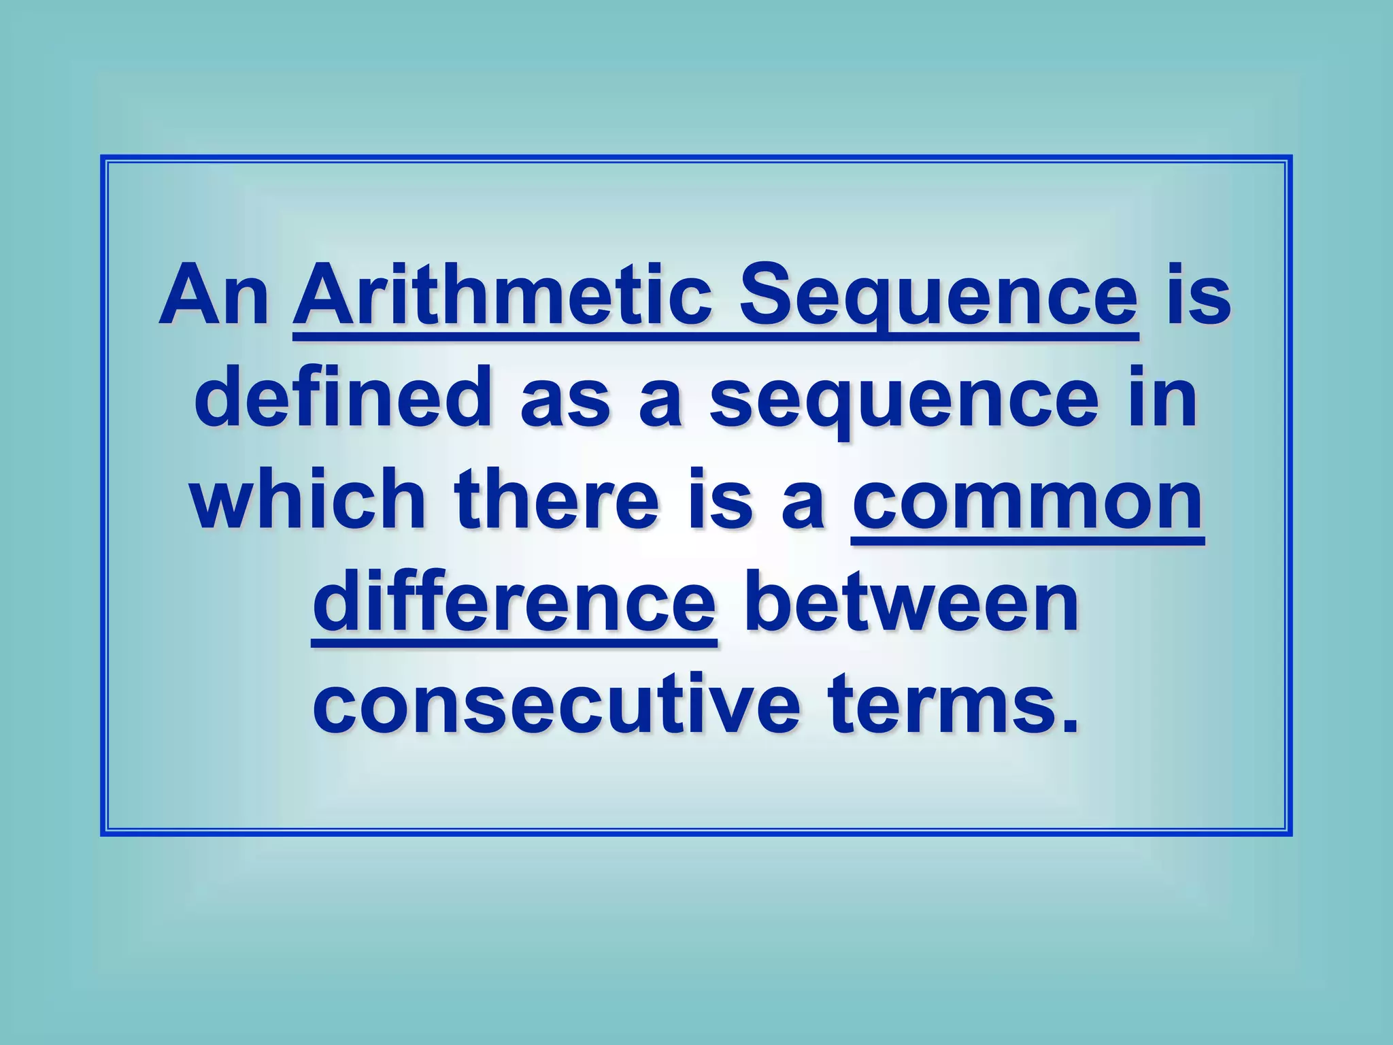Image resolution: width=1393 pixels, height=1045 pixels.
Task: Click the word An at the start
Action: click(x=214, y=297)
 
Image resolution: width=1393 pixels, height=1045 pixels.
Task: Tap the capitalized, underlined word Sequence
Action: click(x=938, y=297)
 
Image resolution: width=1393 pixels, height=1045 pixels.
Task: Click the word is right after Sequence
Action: click(x=1198, y=297)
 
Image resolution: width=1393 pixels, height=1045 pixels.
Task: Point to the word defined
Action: click(x=343, y=399)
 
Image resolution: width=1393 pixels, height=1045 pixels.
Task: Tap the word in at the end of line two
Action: click(x=1162, y=399)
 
